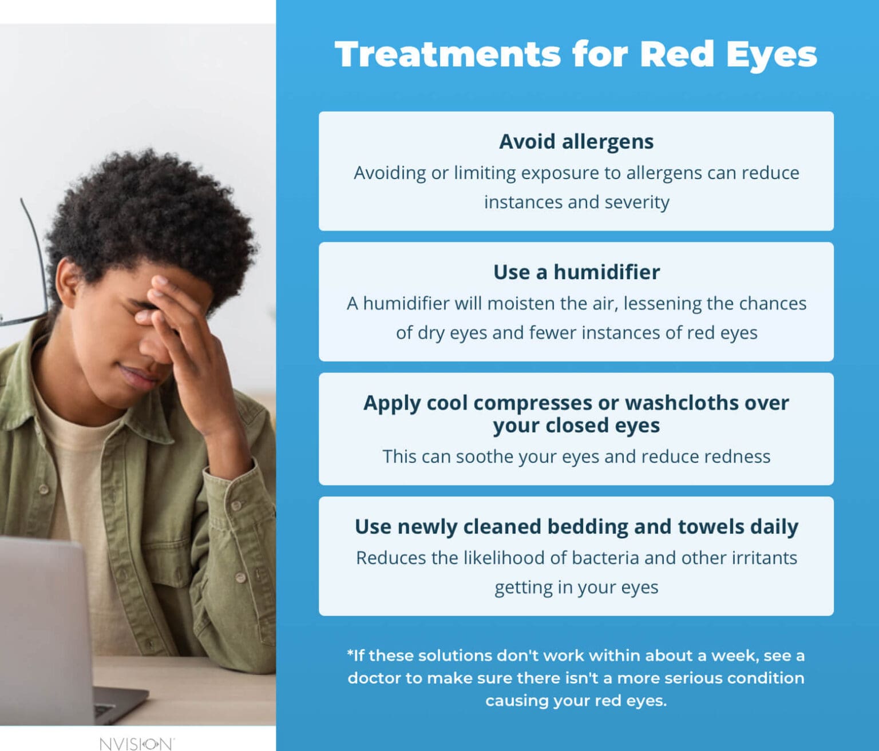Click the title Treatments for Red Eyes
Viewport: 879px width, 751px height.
tap(576, 54)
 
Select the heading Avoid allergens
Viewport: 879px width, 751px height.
tap(576, 141)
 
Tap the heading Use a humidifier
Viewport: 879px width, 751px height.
tap(576, 272)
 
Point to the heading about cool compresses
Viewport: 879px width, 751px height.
tap(576, 414)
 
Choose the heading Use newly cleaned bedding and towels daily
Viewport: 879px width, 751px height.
tap(576, 526)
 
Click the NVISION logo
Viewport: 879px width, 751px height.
tap(136, 743)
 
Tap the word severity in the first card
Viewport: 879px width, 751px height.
tap(636, 202)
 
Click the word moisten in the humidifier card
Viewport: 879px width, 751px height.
tap(521, 303)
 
